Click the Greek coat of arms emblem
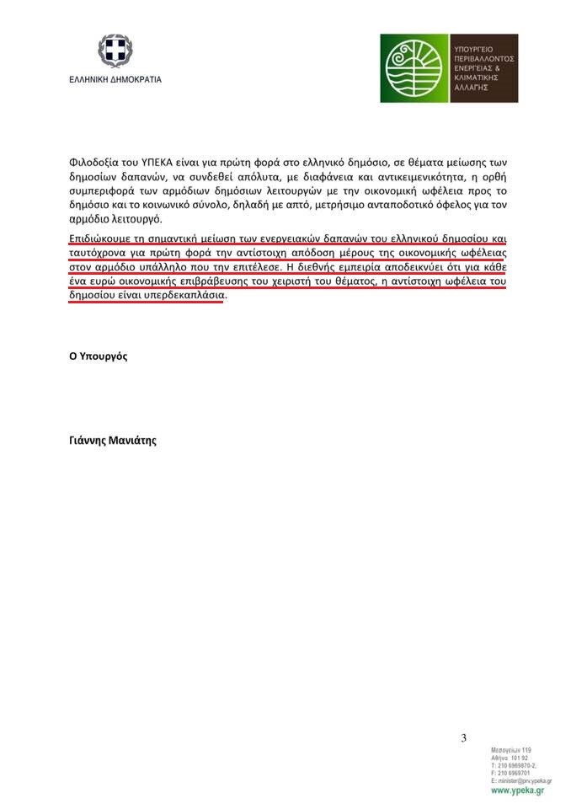[x=115, y=52]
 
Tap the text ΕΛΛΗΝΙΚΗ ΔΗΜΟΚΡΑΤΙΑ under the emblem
[x=115, y=80]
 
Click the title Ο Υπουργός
[x=98, y=356]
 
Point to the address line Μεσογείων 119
[x=510, y=750]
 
